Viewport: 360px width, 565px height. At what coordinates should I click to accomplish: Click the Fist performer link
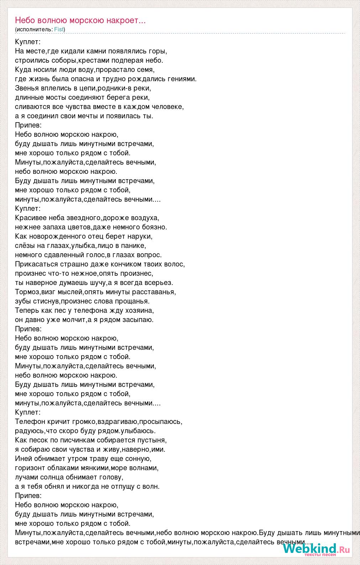point(59,30)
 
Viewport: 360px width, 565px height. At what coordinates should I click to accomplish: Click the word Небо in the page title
point(24,20)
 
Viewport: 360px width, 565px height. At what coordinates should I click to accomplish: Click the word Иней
point(23,458)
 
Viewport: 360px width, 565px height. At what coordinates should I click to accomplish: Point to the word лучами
point(26,477)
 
